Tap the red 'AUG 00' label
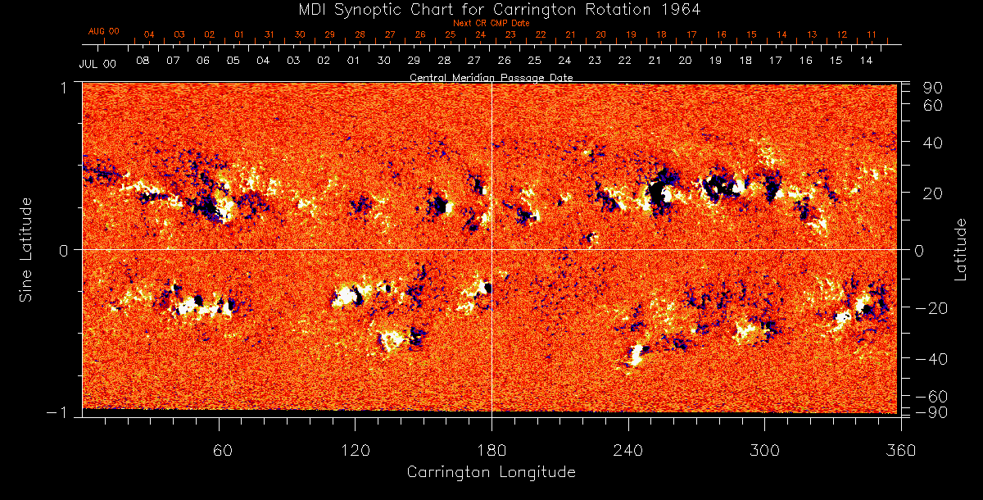(x=104, y=31)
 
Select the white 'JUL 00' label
(x=97, y=63)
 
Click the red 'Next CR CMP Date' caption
(x=491, y=23)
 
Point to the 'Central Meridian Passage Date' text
(x=491, y=78)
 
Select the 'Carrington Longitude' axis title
(x=491, y=472)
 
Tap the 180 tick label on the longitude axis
(x=491, y=450)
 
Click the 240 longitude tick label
(x=627, y=450)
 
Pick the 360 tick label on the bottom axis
(x=901, y=450)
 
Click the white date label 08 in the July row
(x=143, y=61)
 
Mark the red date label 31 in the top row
(x=270, y=35)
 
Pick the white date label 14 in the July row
(x=866, y=61)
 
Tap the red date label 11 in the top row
(x=872, y=35)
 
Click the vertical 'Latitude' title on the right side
(x=960, y=249)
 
